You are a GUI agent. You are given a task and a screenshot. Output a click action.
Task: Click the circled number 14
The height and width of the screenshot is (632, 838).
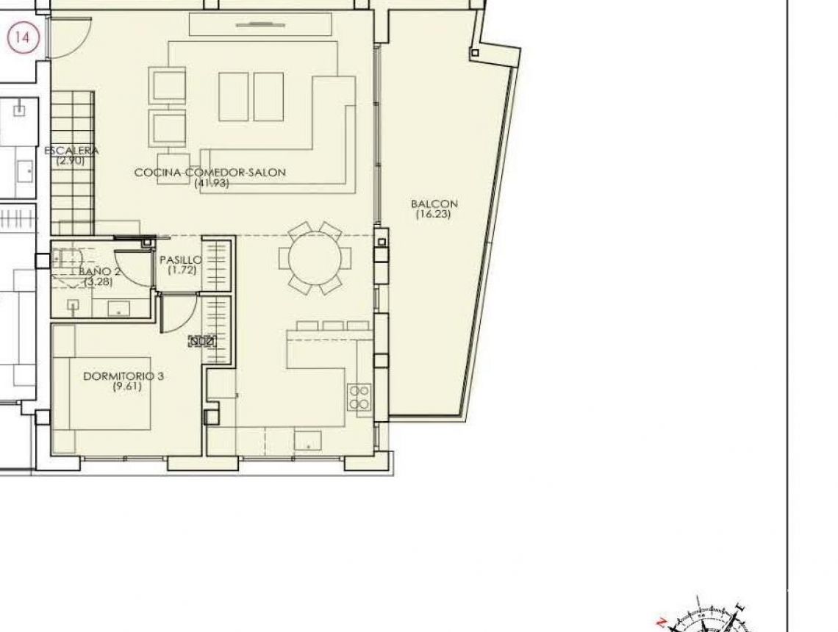coord(23,37)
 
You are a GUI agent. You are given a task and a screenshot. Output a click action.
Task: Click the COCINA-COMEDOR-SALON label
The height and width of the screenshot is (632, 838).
coord(209,173)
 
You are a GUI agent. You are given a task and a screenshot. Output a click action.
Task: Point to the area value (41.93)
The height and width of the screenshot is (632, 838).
coord(212,184)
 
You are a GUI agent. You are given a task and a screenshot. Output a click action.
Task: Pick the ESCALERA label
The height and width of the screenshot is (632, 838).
coord(71,151)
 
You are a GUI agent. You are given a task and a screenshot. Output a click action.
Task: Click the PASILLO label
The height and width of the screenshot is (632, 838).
coord(180,260)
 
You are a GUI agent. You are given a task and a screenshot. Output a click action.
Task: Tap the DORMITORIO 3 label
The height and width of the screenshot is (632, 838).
coord(123,376)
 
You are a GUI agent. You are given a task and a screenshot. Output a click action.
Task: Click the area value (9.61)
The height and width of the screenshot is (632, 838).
coord(126,387)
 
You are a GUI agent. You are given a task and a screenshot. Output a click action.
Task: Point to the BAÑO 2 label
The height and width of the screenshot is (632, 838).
coord(100,271)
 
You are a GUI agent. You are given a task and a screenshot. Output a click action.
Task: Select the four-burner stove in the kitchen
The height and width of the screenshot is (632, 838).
coord(359,397)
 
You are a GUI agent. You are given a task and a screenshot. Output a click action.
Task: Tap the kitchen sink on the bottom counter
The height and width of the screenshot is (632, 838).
coord(307,440)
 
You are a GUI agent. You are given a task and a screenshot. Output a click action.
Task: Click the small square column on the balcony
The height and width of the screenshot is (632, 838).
coord(475,53)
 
